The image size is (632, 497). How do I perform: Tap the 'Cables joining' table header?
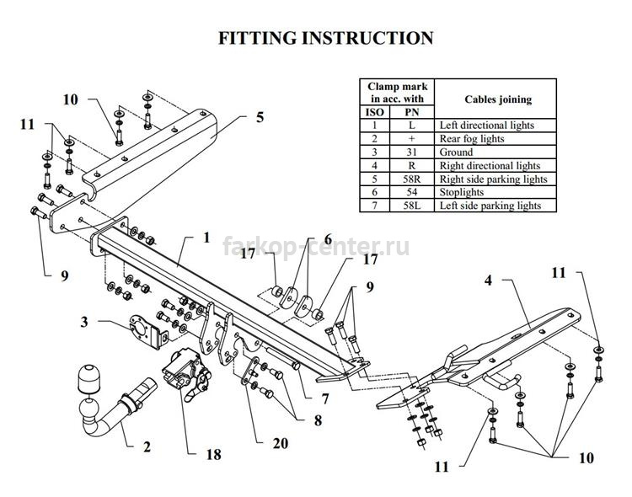(498, 99)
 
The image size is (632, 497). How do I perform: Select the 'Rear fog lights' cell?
(472, 139)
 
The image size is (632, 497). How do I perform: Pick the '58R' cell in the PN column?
(411, 179)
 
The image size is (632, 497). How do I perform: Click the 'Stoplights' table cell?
(462, 192)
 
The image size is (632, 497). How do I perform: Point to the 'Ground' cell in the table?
(456, 152)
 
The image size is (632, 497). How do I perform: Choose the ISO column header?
(374, 112)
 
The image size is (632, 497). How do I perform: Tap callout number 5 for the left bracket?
(260, 117)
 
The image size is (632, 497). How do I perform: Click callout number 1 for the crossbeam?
(206, 238)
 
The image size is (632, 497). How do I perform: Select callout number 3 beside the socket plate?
(84, 322)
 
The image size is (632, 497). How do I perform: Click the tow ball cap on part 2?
(88, 377)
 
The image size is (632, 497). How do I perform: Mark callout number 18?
(214, 455)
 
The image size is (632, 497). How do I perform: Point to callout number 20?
(281, 443)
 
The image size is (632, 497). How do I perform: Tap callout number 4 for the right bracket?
(488, 280)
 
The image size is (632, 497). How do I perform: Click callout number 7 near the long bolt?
(325, 398)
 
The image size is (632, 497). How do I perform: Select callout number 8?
(318, 420)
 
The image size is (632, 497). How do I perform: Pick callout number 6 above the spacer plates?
(328, 239)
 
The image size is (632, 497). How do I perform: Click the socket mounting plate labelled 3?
(147, 331)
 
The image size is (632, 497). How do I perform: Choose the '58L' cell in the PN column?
(411, 206)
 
